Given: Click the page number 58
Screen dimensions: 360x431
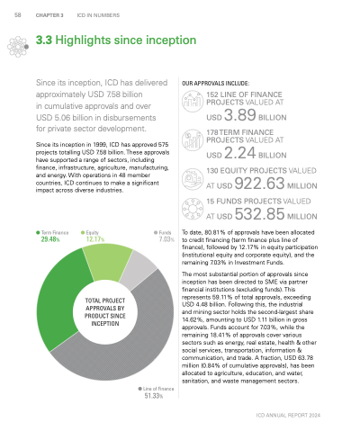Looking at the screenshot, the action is (x=18, y=15).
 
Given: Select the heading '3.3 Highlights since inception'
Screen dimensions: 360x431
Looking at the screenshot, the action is (x=116, y=40).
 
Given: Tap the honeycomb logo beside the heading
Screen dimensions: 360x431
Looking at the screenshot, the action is (x=18, y=47).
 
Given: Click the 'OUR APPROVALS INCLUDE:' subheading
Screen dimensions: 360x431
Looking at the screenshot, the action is (x=215, y=83).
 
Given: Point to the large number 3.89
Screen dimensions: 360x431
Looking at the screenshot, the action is (x=240, y=115).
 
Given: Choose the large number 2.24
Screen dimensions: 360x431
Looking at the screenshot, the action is (x=240, y=153).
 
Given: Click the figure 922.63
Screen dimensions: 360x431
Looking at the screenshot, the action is (x=259, y=184).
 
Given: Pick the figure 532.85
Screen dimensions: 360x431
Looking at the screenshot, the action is (x=259, y=214).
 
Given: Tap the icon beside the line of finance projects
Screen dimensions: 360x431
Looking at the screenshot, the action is (x=193, y=102).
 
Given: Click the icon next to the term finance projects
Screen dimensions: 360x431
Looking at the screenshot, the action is (x=193, y=139).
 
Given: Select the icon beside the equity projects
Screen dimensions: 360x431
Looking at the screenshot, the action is (x=193, y=179).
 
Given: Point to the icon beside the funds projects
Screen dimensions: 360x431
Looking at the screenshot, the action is (x=193, y=209).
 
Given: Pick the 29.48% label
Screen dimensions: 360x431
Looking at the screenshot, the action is (x=50, y=239).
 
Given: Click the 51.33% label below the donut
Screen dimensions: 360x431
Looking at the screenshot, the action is (x=154, y=396).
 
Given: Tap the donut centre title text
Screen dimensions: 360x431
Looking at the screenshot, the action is (x=105, y=312).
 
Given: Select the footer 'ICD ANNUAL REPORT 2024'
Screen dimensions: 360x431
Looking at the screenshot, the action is (x=288, y=416).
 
